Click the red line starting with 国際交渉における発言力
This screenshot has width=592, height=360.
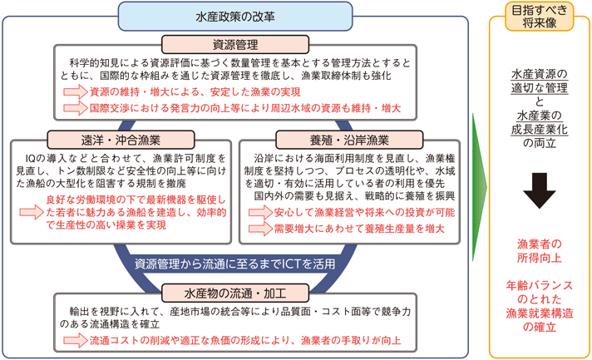pos(245,109)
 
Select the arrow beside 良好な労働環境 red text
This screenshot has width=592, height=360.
pos(30,212)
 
